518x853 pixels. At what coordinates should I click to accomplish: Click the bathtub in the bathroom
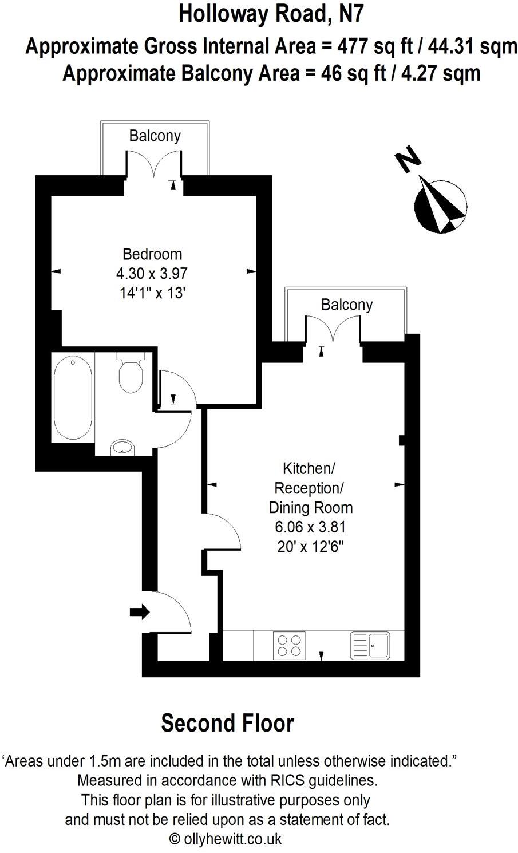(73, 398)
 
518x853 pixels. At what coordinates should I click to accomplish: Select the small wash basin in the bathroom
(122, 447)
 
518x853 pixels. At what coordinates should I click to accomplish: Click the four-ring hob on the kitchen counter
(289, 645)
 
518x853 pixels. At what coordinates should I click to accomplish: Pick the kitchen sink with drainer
(370, 645)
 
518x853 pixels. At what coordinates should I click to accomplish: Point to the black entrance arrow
(139, 612)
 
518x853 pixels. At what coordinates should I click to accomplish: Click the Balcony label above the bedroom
(155, 136)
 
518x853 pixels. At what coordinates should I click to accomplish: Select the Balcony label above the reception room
(346, 305)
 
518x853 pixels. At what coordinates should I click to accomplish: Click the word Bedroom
(152, 254)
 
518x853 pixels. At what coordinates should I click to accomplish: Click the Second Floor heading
(227, 723)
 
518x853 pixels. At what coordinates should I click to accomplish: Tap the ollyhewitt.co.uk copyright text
(226, 839)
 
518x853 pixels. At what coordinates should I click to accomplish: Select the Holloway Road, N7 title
(271, 14)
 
